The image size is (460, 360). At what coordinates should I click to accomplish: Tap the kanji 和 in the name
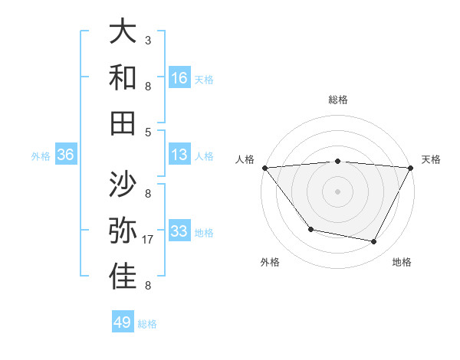123,77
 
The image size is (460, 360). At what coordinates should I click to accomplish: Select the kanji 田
123,123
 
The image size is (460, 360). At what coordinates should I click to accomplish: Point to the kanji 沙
123,184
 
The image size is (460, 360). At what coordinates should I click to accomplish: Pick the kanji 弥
123,231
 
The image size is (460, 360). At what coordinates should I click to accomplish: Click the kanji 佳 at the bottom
123,277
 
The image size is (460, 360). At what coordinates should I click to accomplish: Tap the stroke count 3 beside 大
147,39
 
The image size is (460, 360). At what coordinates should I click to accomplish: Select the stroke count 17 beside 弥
149,240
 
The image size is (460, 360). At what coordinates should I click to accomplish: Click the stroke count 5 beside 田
147,132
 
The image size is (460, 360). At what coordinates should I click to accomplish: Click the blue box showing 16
179,78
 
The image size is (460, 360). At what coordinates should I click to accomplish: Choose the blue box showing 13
179,155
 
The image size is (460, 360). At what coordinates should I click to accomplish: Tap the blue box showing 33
179,231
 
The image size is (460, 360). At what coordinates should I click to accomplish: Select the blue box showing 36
66,155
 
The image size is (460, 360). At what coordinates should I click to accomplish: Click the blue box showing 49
123,322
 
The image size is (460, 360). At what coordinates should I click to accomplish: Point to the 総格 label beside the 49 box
147,324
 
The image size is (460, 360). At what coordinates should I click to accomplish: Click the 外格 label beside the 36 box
41,156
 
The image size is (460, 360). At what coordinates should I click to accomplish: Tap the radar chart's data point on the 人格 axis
264,167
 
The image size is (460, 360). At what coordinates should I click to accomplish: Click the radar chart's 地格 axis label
402,263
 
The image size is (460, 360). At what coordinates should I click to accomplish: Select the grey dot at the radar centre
338,191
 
